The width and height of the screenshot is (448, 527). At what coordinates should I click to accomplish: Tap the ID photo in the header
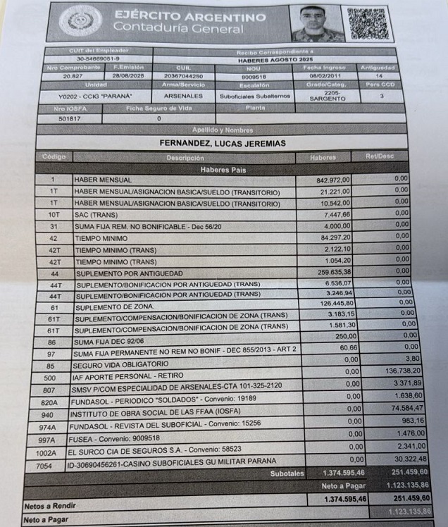316,23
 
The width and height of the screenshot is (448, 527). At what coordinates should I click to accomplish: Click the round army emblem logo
80,21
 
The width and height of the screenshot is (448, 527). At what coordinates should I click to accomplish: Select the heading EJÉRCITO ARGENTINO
189,16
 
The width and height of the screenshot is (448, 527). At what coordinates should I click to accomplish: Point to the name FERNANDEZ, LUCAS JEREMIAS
222,144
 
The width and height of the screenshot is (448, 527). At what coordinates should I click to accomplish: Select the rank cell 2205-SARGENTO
328,95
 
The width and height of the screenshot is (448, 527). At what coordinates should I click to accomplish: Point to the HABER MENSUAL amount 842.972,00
333,180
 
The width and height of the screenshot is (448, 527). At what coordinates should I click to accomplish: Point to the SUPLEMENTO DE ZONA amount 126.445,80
335,304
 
